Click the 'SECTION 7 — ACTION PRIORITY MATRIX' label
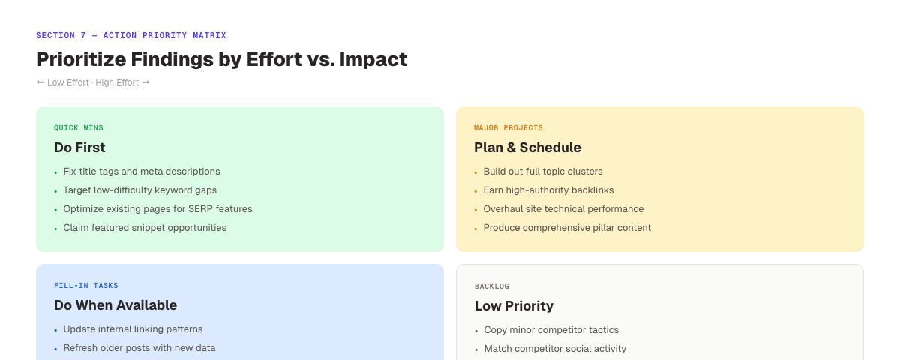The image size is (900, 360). tap(130, 35)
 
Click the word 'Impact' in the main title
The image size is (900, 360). tap(373, 59)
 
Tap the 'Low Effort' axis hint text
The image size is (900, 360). tap(67, 82)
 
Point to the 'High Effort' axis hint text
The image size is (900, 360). tap(117, 82)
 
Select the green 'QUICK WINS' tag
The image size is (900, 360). tap(79, 128)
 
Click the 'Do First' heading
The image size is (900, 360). tap(79, 148)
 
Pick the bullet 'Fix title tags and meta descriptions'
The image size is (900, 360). tap(142, 172)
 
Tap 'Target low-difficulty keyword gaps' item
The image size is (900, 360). tap(139, 190)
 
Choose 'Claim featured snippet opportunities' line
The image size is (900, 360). tap(145, 228)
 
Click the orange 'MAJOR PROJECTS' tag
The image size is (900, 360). tap(508, 128)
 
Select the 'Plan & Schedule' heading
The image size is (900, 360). tap(527, 148)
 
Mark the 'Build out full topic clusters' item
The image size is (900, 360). tap(543, 172)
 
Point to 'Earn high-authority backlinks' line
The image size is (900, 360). tap(548, 190)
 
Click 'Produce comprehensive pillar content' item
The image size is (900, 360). tap(567, 228)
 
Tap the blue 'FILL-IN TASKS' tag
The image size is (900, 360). tap(86, 286)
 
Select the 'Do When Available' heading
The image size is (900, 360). tap(115, 305)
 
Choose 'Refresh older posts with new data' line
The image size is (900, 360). tap(139, 348)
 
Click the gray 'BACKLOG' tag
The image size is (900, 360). tap(492, 286)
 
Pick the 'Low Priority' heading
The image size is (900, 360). tap(514, 306)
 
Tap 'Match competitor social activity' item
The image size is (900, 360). tap(555, 349)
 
